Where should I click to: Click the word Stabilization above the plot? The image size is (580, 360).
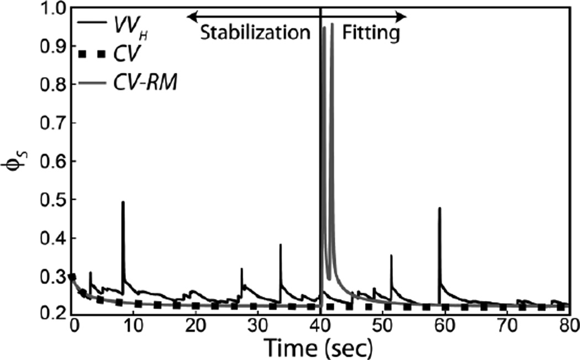[x=255, y=34]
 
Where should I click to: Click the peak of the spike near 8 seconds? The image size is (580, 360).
[x=123, y=202]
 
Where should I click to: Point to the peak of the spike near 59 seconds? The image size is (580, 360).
[x=440, y=208]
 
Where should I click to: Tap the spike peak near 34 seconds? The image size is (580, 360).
[x=281, y=245]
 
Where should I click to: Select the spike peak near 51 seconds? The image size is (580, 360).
[x=391, y=255]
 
